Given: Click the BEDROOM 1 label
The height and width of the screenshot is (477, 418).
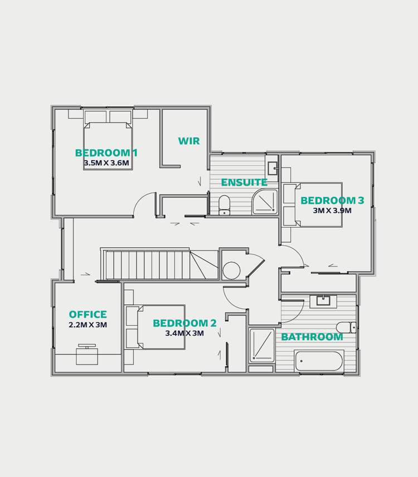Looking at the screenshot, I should (x=106, y=153).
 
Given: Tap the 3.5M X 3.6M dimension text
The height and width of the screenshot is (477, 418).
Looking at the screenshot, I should (x=106, y=163).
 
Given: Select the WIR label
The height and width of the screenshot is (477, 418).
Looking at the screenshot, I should (x=189, y=141).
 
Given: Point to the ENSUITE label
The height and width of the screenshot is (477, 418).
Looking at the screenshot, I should (x=244, y=183).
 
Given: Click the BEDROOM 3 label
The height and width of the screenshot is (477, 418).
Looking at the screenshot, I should (x=332, y=201).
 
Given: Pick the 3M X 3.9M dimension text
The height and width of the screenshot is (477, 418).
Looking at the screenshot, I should (x=332, y=211).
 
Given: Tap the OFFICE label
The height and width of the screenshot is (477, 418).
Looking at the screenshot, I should (x=88, y=315).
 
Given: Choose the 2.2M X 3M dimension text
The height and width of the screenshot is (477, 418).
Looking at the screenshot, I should (x=88, y=325).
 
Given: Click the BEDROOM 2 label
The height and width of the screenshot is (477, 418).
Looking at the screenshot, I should (x=184, y=323).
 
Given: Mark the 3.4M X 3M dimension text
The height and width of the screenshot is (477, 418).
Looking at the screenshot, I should (x=184, y=333).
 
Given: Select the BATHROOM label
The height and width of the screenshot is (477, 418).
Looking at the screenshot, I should (x=312, y=337).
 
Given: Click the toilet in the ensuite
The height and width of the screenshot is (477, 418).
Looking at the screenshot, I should (x=225, y=204).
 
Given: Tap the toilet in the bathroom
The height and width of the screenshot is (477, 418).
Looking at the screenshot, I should (x=346, y=327).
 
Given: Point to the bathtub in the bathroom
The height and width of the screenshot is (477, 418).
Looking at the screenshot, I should (x=319, y=361).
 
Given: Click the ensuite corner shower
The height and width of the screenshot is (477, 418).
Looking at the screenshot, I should (x=265, y=202).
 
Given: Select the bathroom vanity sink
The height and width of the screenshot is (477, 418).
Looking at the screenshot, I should (x=323, y=301).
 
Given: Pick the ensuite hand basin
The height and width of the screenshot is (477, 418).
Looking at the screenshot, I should (x=273, y=168).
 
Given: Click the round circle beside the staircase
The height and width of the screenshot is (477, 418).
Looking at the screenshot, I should (x=231, y=271).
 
